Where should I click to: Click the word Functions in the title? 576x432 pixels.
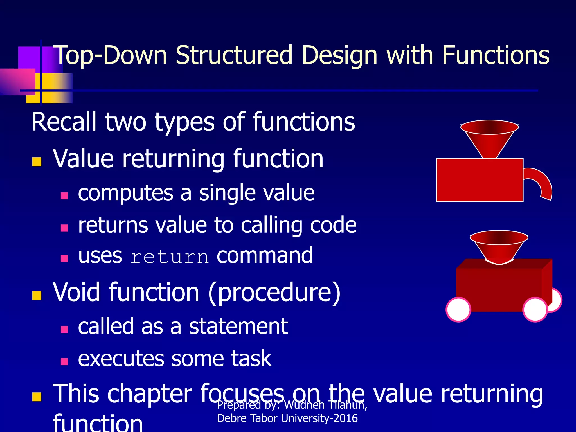tap(496, 55)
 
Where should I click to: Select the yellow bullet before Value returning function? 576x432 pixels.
tap(37, 162)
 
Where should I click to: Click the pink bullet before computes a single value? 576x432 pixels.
tap(64, 196)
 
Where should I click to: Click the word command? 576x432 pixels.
tap(265, 255)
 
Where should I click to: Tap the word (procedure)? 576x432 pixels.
tap(274, 292)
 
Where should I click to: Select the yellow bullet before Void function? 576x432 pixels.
tap(37, 295)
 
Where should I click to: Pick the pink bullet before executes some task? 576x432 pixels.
tap(64, 361)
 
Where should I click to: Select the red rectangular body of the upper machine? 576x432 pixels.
tap(480, 180)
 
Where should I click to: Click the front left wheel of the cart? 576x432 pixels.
tap(458, 309)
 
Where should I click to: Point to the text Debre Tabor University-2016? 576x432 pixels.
tap(287, 418)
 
